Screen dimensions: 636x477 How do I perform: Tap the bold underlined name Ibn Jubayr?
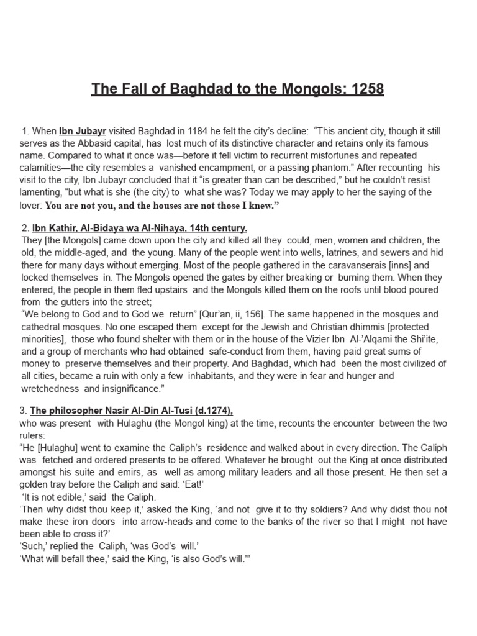[83, 132]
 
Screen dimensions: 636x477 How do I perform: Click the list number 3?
[23, 411]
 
